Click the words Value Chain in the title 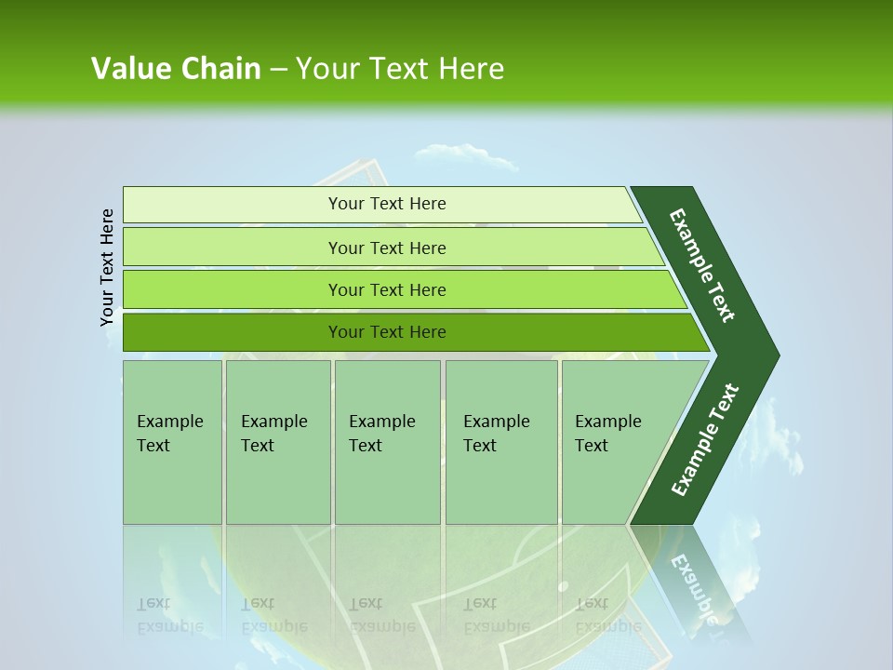pos(176,69)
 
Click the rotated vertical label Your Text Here pos(108,268)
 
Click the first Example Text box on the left pos(172,442)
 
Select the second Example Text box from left pos(277,442)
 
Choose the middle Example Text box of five pos(387,442)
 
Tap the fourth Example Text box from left pos(501,442)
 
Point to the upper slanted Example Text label pos(703,265)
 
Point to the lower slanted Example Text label pos(705,439)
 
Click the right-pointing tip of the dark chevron pos(774,355)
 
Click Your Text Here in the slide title pos(400,69)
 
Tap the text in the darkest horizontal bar pos(387,332)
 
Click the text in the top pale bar pos(387,204)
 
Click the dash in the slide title pos(278,69)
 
